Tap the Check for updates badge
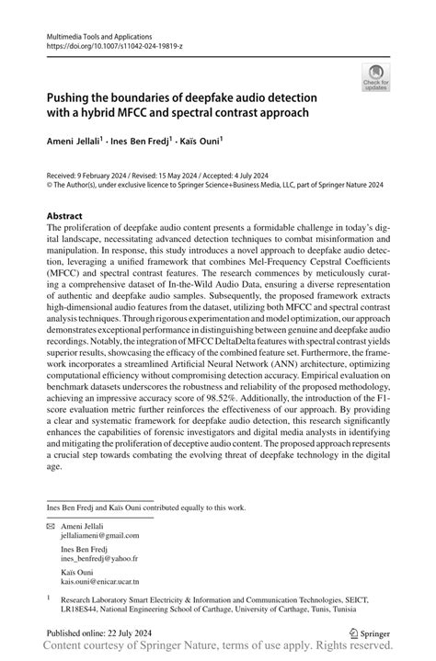374,80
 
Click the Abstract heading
66,218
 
